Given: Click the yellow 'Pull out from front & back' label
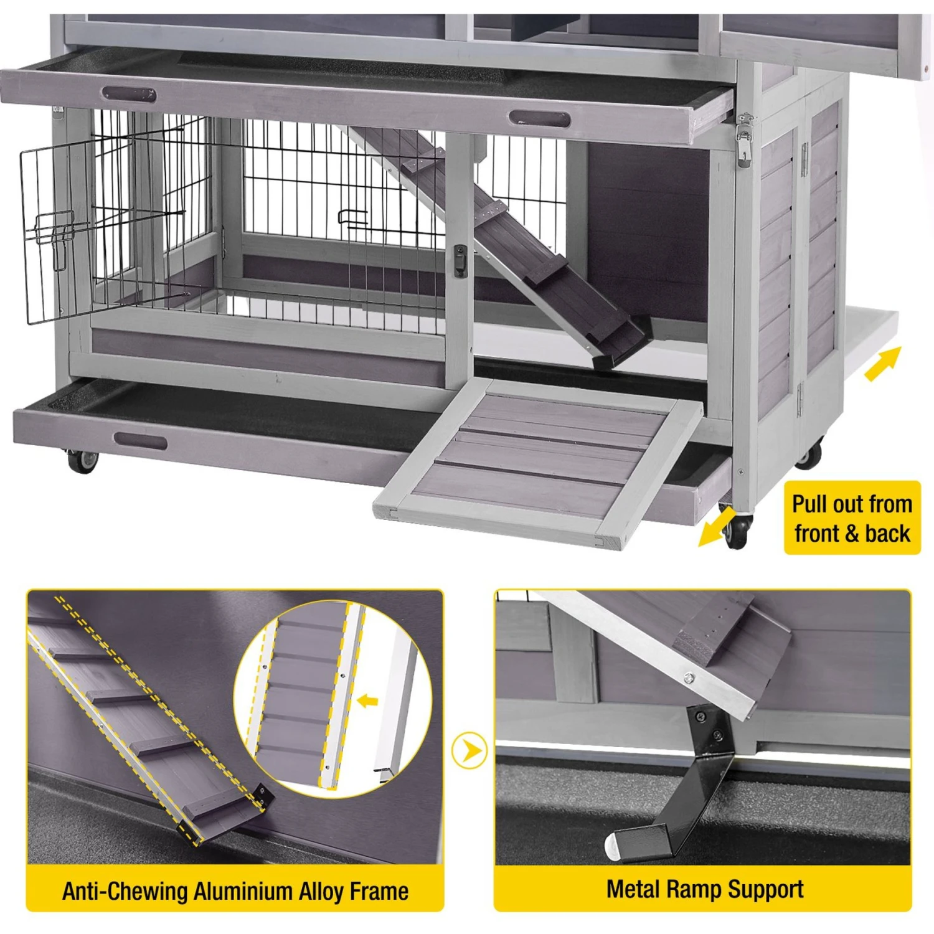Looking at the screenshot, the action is [852, 517].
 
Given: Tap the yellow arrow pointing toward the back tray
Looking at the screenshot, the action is [883, 364].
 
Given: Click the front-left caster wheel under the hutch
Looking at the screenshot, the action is [82, 461].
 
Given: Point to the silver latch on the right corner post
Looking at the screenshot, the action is [744, 139].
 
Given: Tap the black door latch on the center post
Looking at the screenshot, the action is [460, 260].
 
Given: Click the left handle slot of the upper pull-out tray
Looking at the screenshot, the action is [129, 95].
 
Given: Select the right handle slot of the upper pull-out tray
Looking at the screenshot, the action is [539, 118].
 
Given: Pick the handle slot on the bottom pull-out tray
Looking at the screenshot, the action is [141, 441].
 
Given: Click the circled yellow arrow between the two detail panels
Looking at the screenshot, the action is [469, 751].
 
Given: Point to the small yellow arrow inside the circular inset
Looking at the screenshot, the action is [368, 701].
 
